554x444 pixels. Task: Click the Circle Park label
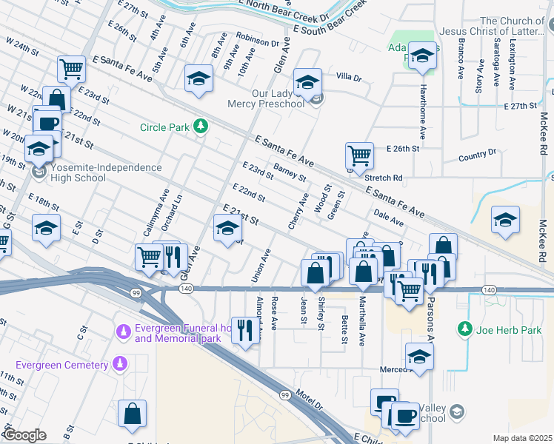click(164, 127)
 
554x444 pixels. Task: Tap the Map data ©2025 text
click(523, 438)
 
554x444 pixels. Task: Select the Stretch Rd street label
click(384, 178)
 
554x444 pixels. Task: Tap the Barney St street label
click(290, 174)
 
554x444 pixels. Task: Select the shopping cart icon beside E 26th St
click(359, 155)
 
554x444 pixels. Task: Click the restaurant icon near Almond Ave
click(244, 329)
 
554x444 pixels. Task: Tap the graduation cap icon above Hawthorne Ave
click(422, 56)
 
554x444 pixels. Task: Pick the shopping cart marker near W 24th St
click(71, 69)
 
